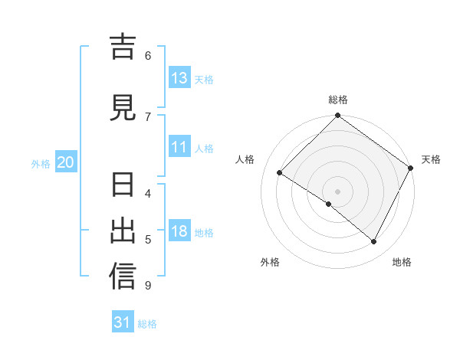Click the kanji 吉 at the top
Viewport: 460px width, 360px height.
pos(123,47)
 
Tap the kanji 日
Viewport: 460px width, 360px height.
pos(123,186)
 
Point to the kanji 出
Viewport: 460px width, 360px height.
pos(123,231)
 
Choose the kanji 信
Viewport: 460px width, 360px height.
pos(123,277)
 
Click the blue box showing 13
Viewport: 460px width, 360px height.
pos(179,78)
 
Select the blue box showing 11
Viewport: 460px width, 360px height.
pos(179,148)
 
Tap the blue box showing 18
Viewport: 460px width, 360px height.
pos(179,231)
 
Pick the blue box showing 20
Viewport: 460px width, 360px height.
pos(66,162)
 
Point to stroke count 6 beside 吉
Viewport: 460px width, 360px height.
pos(147,55)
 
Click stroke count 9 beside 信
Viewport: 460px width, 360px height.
pos(147,286)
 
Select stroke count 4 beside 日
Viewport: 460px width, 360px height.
pos(147,193)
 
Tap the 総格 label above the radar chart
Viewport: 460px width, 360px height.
pos(338,100)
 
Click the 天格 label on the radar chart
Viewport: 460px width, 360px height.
pos(431,159)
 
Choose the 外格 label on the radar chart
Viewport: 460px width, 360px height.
pos(270,262)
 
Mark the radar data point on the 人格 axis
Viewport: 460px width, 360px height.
pos(280,173)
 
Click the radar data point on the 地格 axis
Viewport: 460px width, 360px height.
pos(374,242)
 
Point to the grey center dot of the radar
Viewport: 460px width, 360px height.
pos(337,191)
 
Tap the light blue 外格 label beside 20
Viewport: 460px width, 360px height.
pos(40,163)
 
